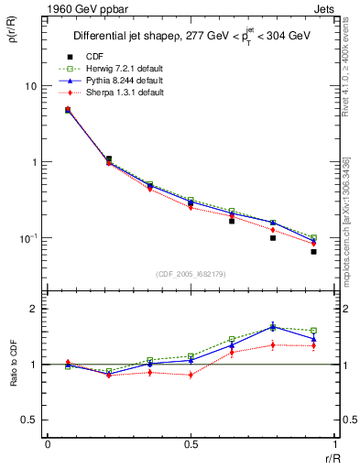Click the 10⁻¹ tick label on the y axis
pos(28,238)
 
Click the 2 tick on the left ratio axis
pos(34,309)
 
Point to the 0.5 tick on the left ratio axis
pos(30,420)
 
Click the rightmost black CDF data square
pos(313,251)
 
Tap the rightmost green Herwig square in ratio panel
pos(313,331)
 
